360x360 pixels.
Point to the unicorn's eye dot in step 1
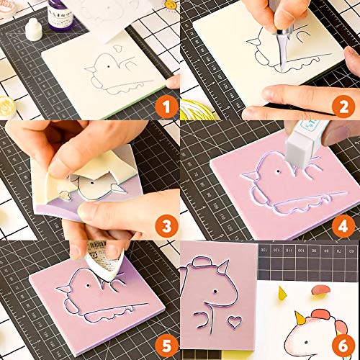click(109, 67)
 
